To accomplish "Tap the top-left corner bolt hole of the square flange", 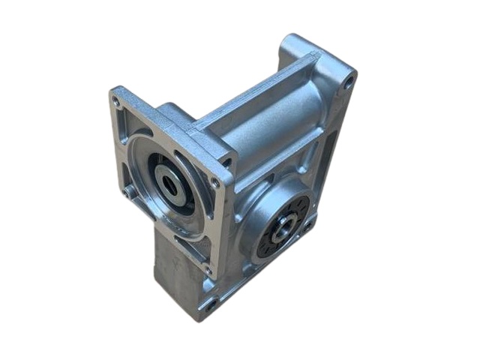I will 116,99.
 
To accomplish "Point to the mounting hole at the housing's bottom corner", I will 211,304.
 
